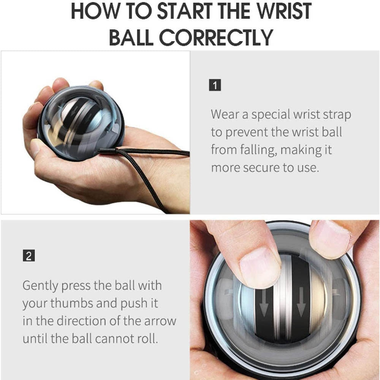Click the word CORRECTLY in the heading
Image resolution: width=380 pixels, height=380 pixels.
pos(216,37)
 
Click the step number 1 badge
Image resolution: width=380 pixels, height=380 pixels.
pos(215,85)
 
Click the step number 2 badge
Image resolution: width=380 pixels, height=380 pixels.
pos(28,256)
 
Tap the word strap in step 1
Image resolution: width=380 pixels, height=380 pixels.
pos(336,114)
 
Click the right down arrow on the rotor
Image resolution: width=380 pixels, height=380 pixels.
pos(301,306)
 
